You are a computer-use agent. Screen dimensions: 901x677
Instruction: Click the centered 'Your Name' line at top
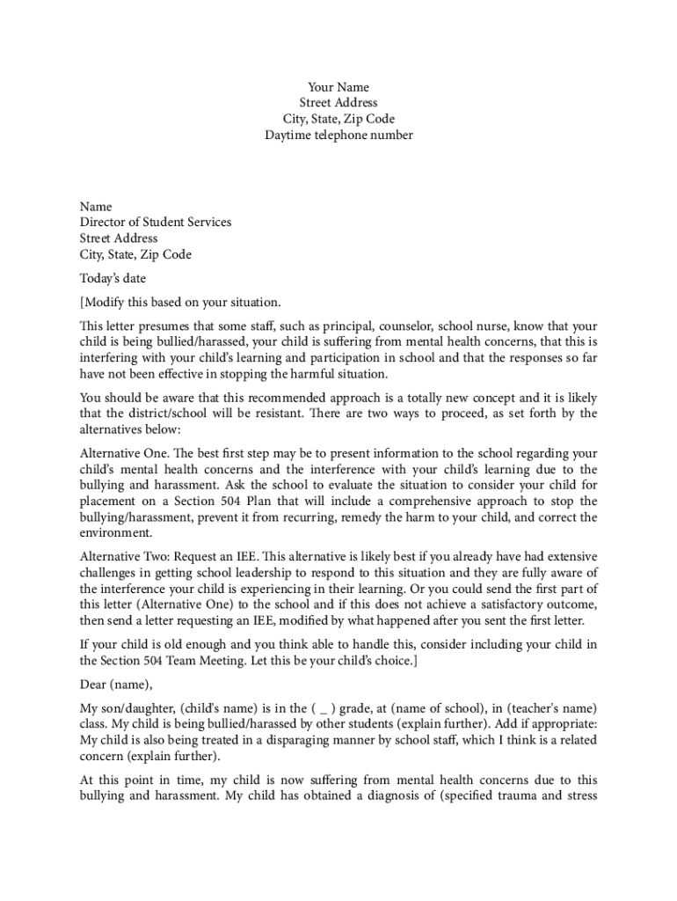click(x=338, y=87)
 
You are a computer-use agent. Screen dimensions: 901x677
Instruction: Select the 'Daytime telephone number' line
click(x=338, y=135)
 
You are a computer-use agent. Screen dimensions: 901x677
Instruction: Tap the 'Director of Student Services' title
click(x=156, y=222)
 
